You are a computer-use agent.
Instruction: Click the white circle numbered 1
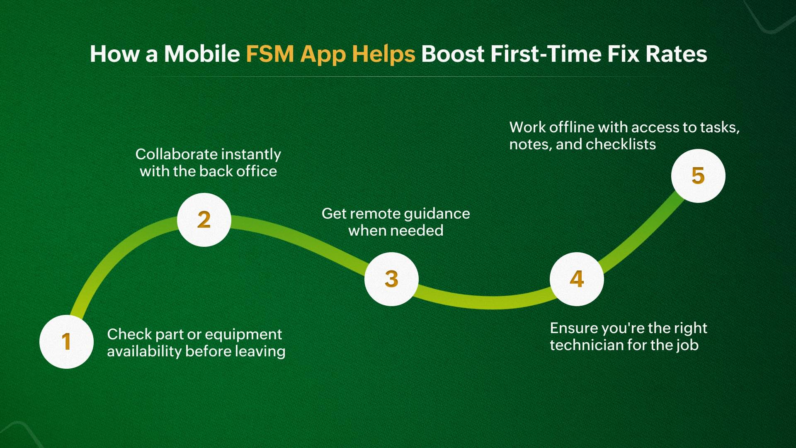(x=66, y=341)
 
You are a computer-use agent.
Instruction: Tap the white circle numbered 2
(x=204, y=220)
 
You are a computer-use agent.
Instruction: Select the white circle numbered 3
(x=391, y=279)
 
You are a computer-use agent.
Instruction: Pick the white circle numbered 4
(x=577, y=279)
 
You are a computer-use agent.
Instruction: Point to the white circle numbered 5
(x=698, y=176)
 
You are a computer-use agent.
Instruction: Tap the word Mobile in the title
(x=202, y=54)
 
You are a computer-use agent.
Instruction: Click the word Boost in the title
(x=453, y=54)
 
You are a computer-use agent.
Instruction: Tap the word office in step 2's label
(x=256, y=171)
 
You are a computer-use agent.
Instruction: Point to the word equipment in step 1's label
(x=243, y=335)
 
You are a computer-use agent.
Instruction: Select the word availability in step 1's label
(x=144, y=351)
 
